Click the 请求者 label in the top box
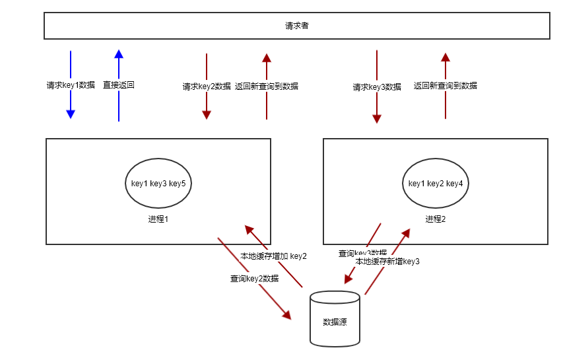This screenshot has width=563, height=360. point(297,26)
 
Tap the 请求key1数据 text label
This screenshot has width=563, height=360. point(71,85)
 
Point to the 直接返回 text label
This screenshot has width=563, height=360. point(119,85)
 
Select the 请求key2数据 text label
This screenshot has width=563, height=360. point(207,86)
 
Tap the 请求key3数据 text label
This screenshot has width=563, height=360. point(377,87)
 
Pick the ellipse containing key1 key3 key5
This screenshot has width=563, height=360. point(158,183)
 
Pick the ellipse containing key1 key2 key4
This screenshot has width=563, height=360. point(436,183)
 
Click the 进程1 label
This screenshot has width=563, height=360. point(158,219)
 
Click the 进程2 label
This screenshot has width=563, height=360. point(436,219)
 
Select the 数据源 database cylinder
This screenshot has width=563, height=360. point(335,320)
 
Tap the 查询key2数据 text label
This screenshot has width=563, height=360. point(254,279)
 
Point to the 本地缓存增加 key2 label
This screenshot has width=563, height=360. point(273,256)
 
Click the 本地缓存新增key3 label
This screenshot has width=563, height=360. point(387,262)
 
